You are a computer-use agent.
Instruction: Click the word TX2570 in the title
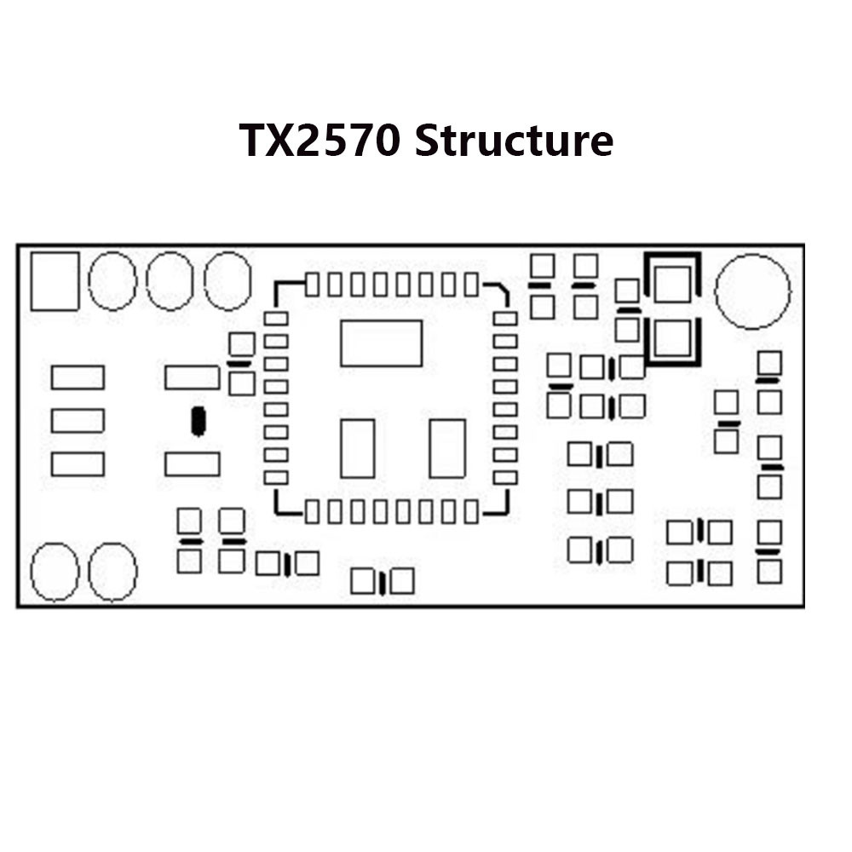[x=319, y=141]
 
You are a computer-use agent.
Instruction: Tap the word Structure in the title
[x=514, y=141]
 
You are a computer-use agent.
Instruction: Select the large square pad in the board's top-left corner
[x=55, y=281]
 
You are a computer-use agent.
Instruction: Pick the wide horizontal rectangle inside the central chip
[x=381, y=343]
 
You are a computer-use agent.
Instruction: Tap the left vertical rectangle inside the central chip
[x=358, y=448]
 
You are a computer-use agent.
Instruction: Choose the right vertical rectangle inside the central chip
[x=447, y=448]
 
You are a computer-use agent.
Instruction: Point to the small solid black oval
[x=199, y=421]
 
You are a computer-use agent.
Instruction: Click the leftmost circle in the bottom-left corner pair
[x=55, y=572]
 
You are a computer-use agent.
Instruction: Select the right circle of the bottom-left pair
[x=113, y=572]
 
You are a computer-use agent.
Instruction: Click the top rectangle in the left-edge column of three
[x=78, y=377]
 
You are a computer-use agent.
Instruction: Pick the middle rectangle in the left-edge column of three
[x=78, y=420]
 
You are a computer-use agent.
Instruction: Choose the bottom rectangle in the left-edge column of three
[x=78, y=464]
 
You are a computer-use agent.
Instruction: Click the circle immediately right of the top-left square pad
[x=112, y=281]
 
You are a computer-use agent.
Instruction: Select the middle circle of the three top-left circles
[x=170, y=281]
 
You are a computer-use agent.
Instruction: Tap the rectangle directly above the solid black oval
[x=192, y=377]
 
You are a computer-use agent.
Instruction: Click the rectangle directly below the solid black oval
[x=192, y=464]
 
